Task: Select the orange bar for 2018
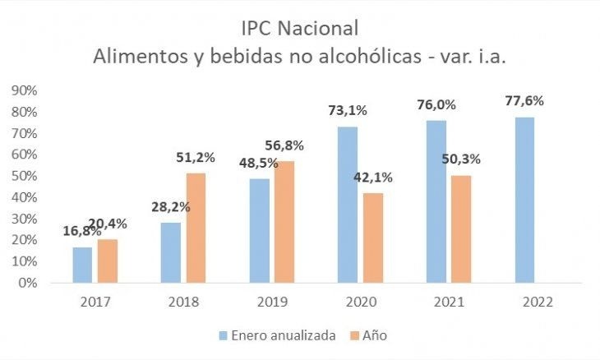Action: pos(196,228)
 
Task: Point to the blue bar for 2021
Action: pos(436,201)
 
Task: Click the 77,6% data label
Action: pos(524,101)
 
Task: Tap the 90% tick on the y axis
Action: pos(24,90)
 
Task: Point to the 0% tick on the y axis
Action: pos(27,283)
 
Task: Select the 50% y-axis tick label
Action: pos(24,176)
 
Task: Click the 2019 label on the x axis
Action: pos(271,302)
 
